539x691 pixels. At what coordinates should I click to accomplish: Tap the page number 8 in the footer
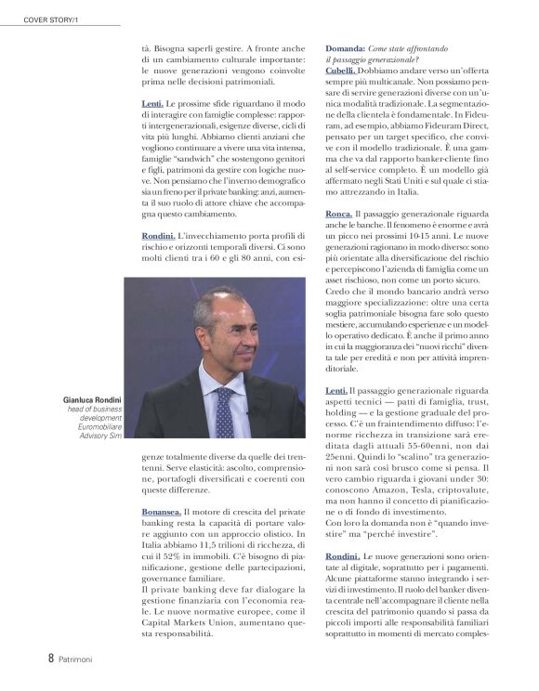tap(50, 658)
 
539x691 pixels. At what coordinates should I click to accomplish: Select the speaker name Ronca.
tap(339, 214)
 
